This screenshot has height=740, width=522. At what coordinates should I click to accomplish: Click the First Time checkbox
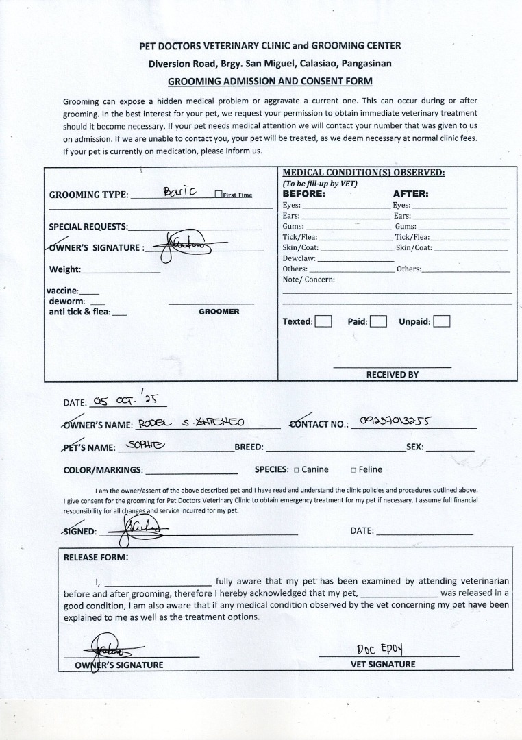pyautogui.click(x=218, y=195)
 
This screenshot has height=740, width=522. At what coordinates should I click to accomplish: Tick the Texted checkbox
pyautogui.click(x=323, y=321)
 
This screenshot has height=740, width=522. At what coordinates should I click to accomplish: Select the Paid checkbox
pyautogui.click(x=379, y=321)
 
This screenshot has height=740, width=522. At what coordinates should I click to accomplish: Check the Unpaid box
pyautogui.click(x=442, y=321)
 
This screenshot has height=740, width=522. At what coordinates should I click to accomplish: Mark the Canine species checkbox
pyautogui.click(x=297, y=470)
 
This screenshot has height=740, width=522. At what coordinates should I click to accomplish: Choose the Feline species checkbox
pyautogui.click(x=353, y=470)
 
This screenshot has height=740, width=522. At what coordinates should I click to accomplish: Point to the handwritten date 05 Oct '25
pyautogui.click(x=127, y=400)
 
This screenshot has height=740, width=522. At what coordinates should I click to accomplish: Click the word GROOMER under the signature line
pyautogui.click(x=219, y=312)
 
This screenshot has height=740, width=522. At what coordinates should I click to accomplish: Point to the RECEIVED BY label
pyautogui.click(x=392, y=375)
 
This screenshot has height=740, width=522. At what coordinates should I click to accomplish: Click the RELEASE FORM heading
pyautogui.click(x=95, y=557)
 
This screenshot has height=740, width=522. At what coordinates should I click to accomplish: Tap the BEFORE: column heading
pyautogui.click(x=303, y=194)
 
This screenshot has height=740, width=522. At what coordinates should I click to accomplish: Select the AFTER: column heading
pyautogui.click(x=410, y=194)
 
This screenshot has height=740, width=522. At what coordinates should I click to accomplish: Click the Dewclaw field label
pyautogui.click(x=299, y=258)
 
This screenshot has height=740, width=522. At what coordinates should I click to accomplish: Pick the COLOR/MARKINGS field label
pyautogui.click(x=103, y=470)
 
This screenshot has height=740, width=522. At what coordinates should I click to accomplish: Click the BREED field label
pyautogui.click(x=249, y=447)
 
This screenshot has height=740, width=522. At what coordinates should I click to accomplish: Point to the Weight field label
pyautogui.click(x=64, y=269)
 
